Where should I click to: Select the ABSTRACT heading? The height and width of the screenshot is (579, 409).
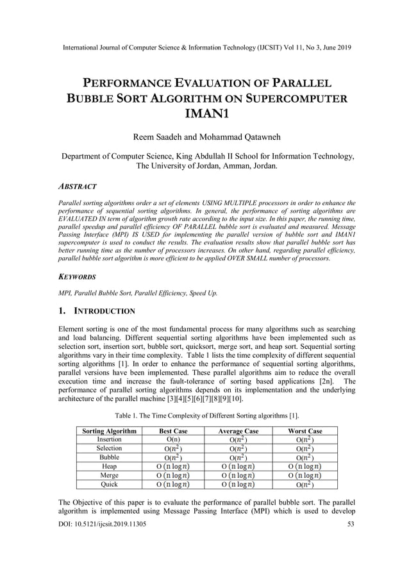coord(78,187)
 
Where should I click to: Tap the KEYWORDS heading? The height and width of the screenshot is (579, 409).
coord(77,277)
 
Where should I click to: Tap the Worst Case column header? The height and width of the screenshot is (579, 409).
coord(305,431)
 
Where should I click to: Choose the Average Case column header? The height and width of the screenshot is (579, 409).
coord(238,431)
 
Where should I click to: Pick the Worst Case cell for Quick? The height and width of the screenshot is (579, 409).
coord(305,485)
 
